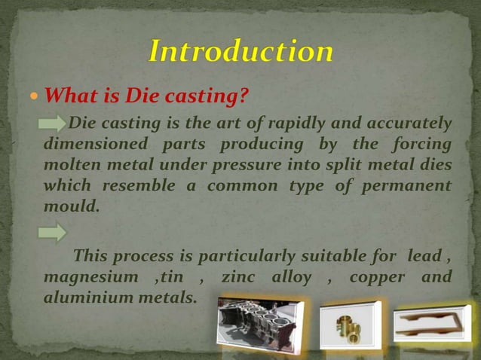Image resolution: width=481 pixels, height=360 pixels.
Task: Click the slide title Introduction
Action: coord(240,51)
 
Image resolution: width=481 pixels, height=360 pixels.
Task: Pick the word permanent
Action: coord(408,185)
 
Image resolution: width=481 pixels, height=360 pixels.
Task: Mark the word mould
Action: coord(72,205)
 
